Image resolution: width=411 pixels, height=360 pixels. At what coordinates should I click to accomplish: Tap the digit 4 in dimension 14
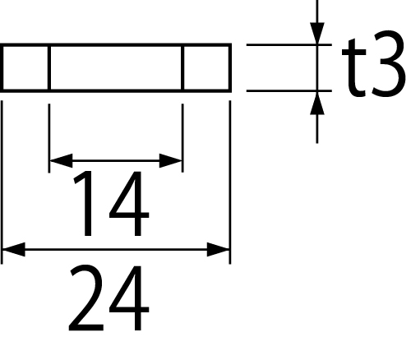129,203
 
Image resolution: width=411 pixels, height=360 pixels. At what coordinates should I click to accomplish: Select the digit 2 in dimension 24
86,298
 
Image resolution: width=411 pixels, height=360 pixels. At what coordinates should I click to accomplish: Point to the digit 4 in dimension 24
129,298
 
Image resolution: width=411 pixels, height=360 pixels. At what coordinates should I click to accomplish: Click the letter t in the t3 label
354,67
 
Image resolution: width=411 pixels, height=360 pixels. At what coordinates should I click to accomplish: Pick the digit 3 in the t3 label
388,63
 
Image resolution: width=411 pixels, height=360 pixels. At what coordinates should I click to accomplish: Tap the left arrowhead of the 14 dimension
61,161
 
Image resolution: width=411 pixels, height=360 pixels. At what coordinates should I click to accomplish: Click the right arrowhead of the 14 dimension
171,161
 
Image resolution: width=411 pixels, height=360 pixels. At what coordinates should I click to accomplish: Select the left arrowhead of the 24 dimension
14,250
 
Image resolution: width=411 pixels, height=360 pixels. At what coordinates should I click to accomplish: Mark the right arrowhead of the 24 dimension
219,250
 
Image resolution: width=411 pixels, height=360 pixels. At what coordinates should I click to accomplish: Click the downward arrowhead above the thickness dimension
317,33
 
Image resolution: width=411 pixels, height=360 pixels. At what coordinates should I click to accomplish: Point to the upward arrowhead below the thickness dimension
317,103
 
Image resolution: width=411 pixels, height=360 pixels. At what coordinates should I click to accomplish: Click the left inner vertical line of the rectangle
49,67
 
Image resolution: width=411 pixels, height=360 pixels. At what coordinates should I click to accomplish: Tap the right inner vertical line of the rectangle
182,67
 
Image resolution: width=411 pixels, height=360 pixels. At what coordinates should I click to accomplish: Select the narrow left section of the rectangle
25,67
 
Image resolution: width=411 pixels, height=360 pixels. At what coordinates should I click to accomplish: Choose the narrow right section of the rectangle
206,67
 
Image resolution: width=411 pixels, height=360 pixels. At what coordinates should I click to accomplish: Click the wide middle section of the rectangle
116,67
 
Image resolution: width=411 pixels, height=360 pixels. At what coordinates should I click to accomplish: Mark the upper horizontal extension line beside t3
289,44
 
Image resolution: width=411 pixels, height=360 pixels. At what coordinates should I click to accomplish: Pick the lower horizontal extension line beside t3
289,90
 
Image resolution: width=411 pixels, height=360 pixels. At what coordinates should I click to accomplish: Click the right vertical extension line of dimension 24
230,182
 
